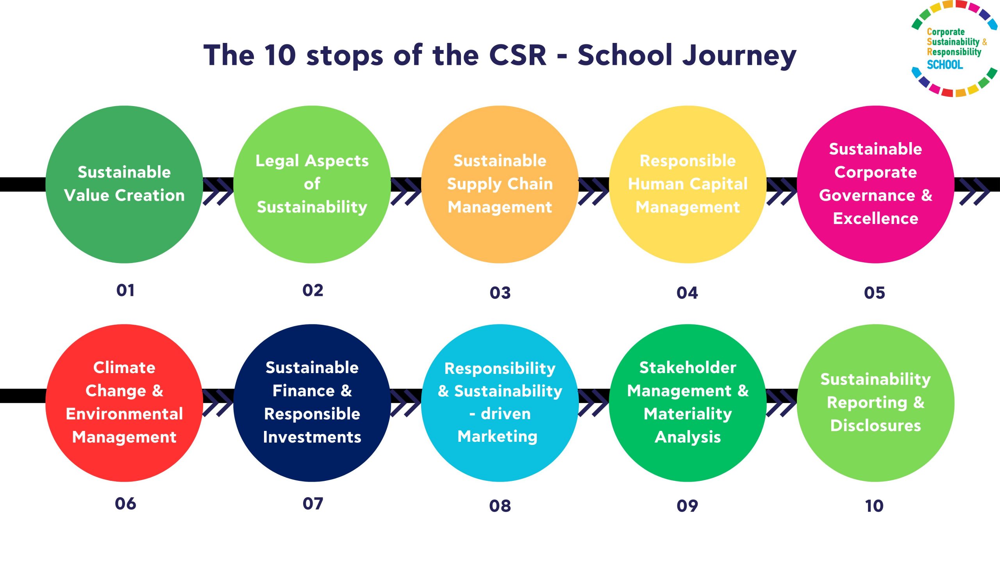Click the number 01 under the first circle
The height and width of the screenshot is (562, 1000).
[x=125, y=290]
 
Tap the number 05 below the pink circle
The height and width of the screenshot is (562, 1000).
[x=874, y=293]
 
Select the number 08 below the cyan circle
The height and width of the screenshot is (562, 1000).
[x=500, y=506]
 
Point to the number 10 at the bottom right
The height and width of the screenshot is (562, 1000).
[x=874, y=506]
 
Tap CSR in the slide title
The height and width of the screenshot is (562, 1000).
[x=518, y=55]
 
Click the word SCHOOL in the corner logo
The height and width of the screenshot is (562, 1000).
[x=945, y=64]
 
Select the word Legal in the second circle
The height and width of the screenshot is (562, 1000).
[x=277, y=161]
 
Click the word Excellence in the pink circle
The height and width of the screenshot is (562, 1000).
[x=875, y=219]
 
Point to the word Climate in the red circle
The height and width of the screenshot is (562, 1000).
[x=124, y=368]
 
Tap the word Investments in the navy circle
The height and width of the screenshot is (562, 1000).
[x=312, y=437]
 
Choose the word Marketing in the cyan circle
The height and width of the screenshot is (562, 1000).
[x=497, y=436]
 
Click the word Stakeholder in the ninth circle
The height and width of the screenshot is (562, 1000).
[x=687, y=368]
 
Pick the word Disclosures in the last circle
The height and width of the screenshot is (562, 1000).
[x=875, y=425]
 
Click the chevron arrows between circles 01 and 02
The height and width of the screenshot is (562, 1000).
[x=218, y=191]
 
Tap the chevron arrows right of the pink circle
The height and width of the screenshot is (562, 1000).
[x=974, y=191]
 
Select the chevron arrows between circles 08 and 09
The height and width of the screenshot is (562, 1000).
[x=593, y=403]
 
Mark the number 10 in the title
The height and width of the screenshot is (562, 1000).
[x=280, y=55]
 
